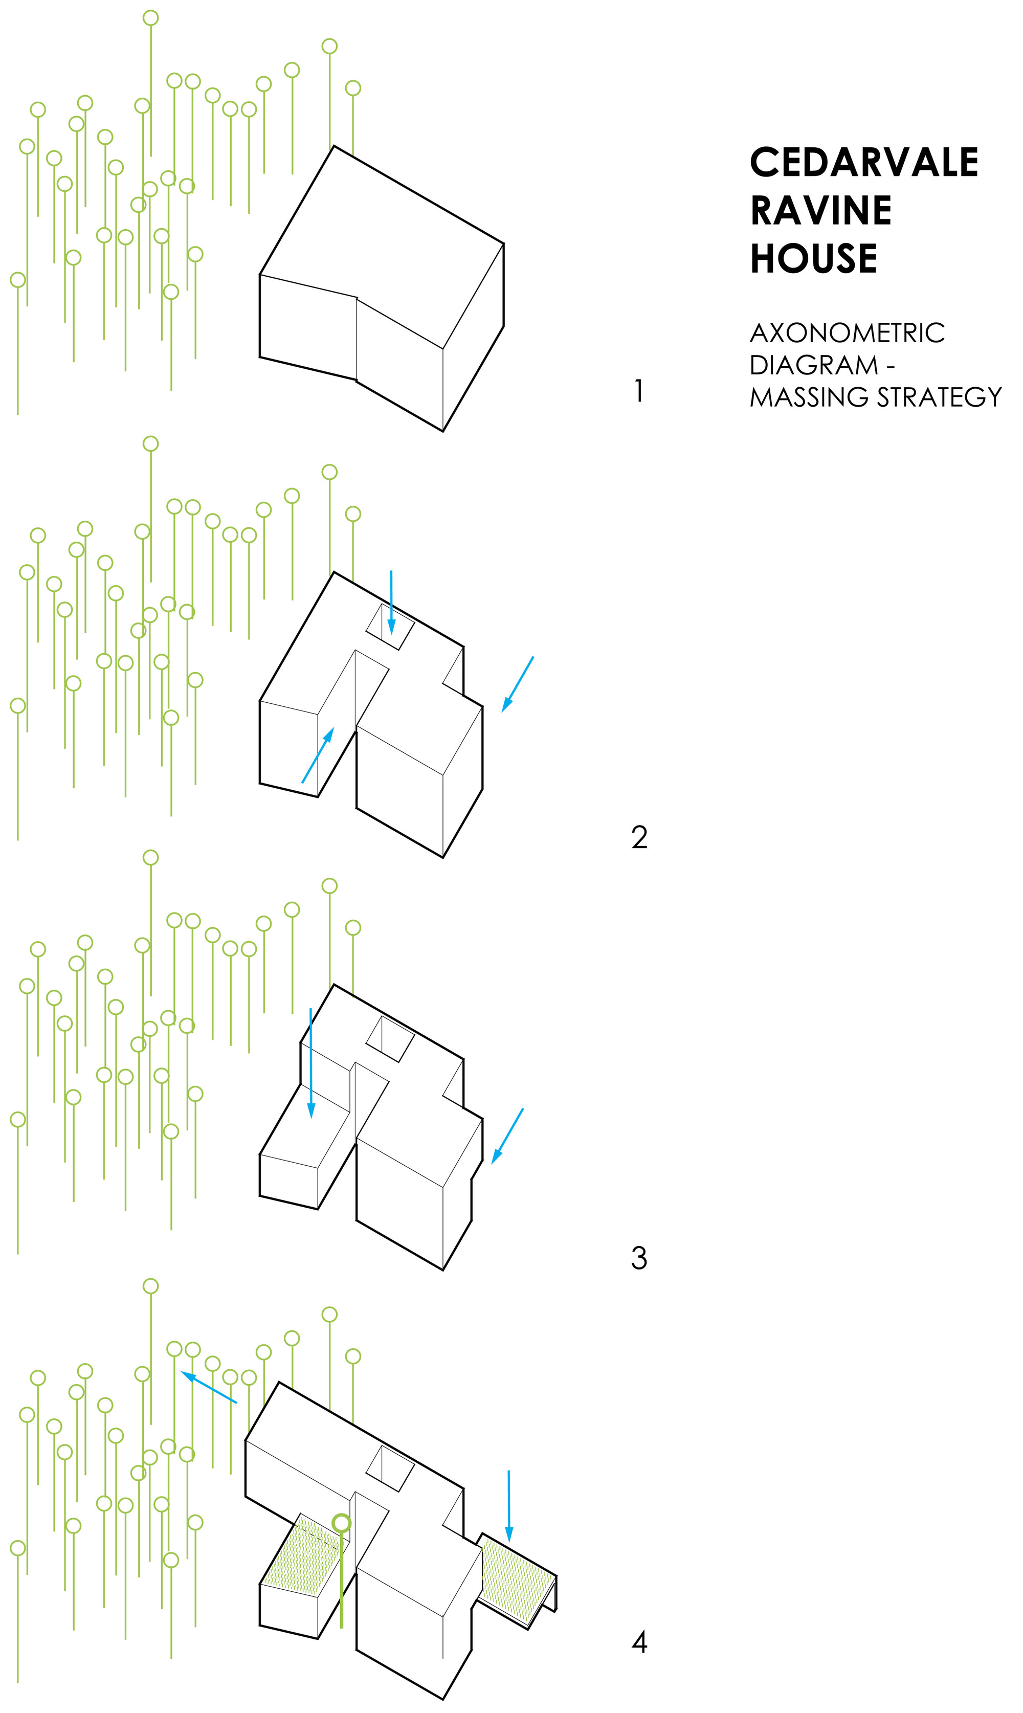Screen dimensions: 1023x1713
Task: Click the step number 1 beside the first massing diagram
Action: tap(639, 391)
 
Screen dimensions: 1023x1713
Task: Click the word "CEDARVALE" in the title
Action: tap(864, 162)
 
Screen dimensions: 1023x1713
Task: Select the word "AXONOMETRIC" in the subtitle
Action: tap(847, 333)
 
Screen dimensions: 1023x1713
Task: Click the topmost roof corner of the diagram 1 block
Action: tap(333, 146)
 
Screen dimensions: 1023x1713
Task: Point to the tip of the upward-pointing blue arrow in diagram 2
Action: tap(333, 728)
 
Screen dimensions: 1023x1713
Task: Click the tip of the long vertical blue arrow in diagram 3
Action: tap(311, 1118)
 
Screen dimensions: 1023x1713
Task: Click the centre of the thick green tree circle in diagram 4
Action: tap(341, 1522)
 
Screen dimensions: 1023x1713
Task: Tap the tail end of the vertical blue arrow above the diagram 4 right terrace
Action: tap(509, 1471)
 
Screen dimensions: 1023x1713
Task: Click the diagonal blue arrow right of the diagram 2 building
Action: tap(517, 684)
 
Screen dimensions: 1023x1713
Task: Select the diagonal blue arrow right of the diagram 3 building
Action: tap(507, 1136)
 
